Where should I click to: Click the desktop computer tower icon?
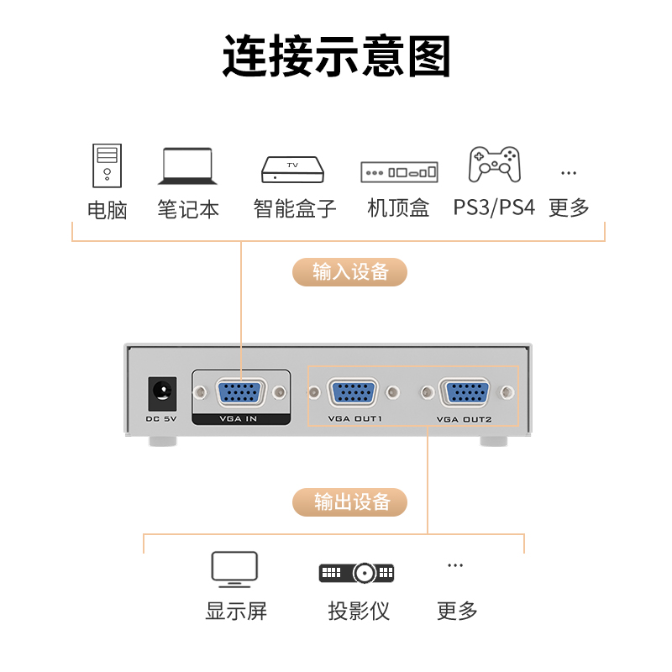point(108,165)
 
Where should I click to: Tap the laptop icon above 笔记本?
point(187,166)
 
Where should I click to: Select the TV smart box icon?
point(292,170)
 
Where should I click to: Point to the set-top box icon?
point(399,172)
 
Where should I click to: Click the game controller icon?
point(495,164)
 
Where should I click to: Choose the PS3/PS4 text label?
point(494,207)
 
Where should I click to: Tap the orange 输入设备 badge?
point(349,271)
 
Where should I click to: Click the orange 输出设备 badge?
point(349,501)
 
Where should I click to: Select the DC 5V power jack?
point(162,393)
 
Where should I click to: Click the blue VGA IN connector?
point(240,391)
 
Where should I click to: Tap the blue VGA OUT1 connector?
point(353,392)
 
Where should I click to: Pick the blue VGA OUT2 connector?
point(465,392)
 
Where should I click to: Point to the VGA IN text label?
point(239,418)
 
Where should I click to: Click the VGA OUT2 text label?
point(465,419)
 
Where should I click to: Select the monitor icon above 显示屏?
point(234,570)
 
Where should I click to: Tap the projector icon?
point(356,572)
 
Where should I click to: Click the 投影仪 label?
point(359,611)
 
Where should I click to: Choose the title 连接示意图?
point(337,56)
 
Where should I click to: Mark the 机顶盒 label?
point(398,207)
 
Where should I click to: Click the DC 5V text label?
point(161,418)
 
